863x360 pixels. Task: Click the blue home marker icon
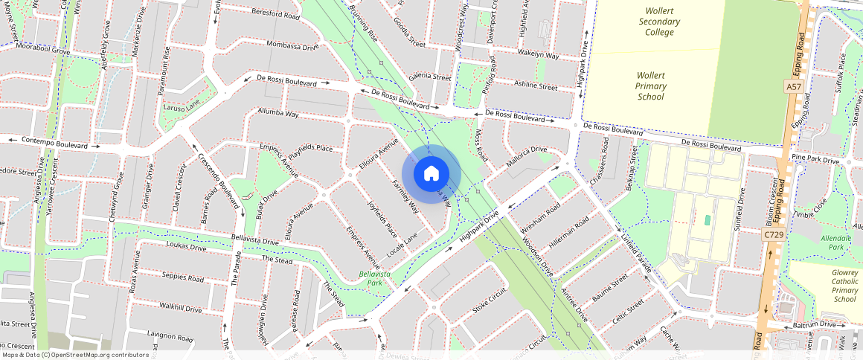(x=431, y=174)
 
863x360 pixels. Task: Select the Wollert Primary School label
(x=651, y=86)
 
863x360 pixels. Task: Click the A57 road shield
(x=794, y=88)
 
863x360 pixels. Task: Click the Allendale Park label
(x=835, y=242)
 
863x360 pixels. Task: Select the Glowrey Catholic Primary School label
(x=844, y=286)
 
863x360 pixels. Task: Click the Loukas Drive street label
(x=165, y=246)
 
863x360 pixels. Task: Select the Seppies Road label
(x=182, y=277)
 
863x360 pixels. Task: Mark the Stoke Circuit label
(x=489, y=302)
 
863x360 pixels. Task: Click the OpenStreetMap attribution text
(x=75, y=355)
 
